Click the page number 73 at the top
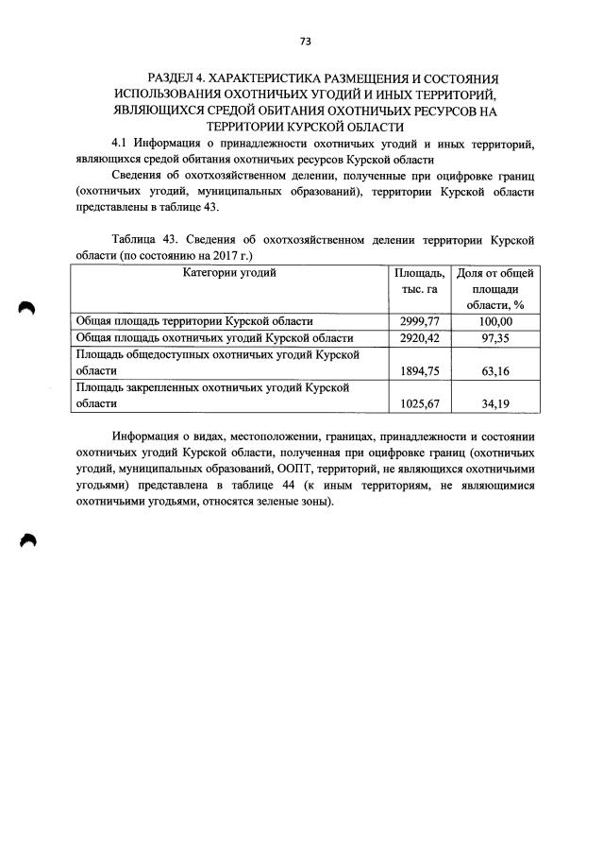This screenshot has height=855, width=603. (305, 42)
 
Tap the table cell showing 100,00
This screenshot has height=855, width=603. (495, 322)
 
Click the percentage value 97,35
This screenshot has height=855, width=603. (495, 338)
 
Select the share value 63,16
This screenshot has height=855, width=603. (495, 370)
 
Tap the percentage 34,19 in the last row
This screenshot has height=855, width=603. (495, 403)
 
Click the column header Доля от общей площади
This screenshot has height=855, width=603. (495, 288)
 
